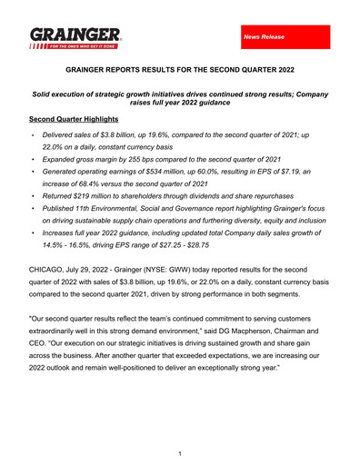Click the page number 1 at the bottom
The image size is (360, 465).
coord(180,451)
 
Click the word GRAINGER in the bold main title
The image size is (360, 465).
coord(95,68)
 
